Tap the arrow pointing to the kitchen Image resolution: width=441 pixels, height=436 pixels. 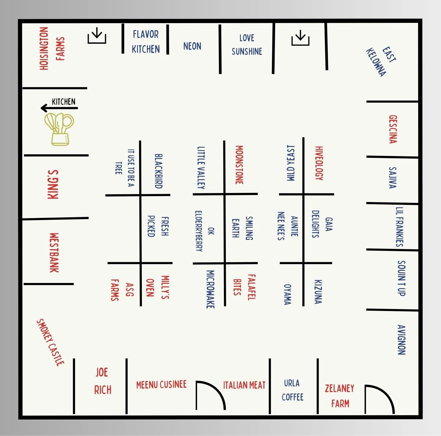pos(59,108)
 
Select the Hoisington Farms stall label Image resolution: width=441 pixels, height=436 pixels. pos(52,49)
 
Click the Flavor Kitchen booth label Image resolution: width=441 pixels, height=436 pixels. pos(146,42)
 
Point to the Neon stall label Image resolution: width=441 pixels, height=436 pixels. pos(192,46)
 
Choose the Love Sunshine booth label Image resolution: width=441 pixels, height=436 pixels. pos(247,45)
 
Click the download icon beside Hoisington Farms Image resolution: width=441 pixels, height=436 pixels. pos(97,36)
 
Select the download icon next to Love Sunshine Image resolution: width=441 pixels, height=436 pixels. pos(300,38)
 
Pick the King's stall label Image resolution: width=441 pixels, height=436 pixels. pos(53,185)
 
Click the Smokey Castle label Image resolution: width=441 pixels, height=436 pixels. pos(51,342)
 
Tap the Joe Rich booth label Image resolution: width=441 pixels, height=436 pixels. pos(102,381)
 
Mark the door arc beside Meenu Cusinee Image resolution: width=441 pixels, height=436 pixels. pos(210,395)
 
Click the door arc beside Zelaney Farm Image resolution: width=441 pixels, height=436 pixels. pos(379,399)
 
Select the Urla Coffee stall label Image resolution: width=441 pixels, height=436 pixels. pos(292,390)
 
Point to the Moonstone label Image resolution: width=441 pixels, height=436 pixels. pos(239,165)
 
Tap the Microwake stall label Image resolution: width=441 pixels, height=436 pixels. pos(210,289)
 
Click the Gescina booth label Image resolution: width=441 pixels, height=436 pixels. pos(393,129)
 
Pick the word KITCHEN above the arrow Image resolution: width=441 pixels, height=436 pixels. pos(64,102)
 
